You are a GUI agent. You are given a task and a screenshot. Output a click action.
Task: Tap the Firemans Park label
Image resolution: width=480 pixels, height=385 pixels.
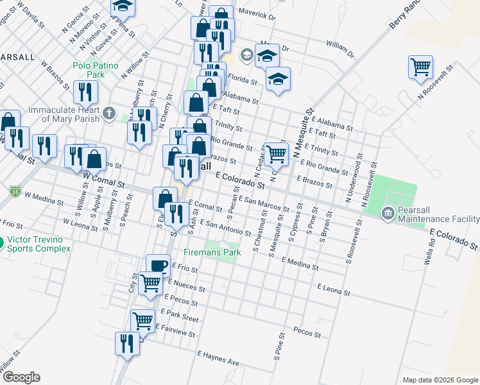tap(212, 252)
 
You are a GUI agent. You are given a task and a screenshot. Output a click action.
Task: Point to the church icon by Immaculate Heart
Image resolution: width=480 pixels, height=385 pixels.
tap(109, 114)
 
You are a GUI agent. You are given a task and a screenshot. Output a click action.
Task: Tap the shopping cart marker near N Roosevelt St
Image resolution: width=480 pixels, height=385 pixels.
tap(420, 66)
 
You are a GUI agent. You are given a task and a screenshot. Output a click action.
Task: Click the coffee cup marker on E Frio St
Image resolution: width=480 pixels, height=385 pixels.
tap(158, 264)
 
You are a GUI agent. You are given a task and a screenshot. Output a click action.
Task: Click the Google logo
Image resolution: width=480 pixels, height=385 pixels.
tap(21, 377)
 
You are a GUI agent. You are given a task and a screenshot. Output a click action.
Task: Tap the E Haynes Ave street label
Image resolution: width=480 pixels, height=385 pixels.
tap(218, 358)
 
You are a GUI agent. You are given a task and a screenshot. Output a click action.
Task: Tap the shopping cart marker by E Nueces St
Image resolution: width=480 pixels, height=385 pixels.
tap(150, 282)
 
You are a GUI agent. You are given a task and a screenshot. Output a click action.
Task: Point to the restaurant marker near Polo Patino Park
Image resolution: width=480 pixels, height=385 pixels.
tap(84, 92)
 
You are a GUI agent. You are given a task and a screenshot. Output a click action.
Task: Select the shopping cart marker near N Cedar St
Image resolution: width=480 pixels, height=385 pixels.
tap(276, 153)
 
